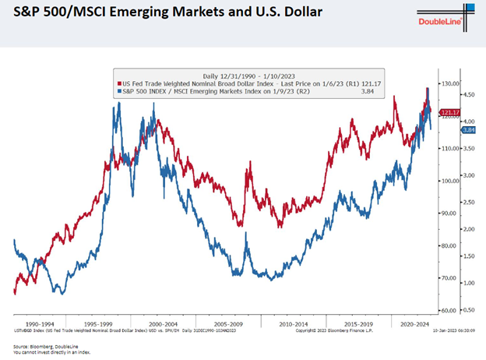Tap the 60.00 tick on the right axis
pos(449,310)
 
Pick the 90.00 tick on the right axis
pos(449,213)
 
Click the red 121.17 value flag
pos(449,112)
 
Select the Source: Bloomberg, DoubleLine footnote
pos(46,345)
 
